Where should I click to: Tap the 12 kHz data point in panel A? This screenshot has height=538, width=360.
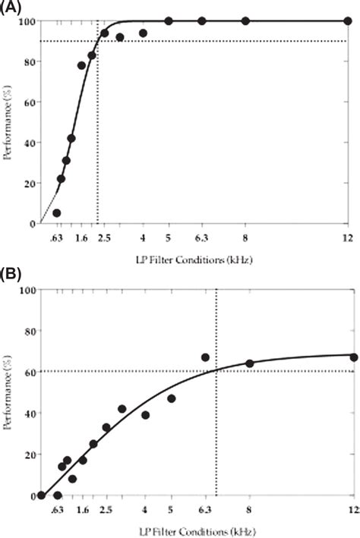(x=348, y=21)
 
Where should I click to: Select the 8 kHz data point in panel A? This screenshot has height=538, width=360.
(x=245, y=21)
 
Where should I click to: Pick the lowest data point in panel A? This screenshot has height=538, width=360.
(x=56, y=213)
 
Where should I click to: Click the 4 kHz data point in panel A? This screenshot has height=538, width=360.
(x=143, y=33)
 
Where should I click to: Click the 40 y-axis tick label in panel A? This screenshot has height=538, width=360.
(x=28, y=143)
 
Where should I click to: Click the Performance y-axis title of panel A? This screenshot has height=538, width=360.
(x=8, y=122)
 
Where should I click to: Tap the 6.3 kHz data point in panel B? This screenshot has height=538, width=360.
(x=205, y=357)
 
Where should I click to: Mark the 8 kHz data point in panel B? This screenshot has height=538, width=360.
(x=249, y=363)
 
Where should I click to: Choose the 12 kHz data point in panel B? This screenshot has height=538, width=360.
(x=354, y=357)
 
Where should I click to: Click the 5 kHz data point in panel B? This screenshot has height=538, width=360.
(x=172, y=398)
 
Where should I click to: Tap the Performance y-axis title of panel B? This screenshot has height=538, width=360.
(x=8, y=395)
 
